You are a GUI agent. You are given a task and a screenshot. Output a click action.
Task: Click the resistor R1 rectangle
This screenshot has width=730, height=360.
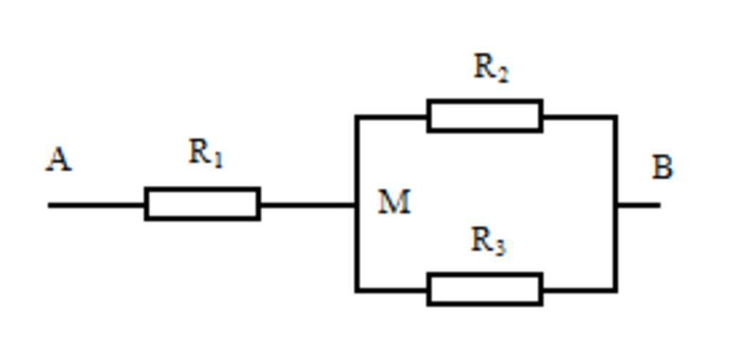[x=202, y=204]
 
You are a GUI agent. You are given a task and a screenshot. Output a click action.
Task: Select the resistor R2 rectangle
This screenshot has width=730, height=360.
[x=485, y=116]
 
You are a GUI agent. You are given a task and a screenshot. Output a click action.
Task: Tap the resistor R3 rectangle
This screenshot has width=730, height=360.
[x=485, y=289]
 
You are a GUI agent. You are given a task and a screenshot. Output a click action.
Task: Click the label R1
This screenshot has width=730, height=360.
[x=205, y=153]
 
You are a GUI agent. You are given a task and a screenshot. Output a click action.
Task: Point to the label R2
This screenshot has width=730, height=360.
[x=490, y=68]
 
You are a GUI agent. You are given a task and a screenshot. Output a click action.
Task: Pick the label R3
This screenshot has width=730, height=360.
[x=488, y=241]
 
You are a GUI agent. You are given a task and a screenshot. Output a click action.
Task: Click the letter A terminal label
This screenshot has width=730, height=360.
[x=58, y=159]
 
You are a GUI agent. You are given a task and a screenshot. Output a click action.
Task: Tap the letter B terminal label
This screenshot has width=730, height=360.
[x=662, y=168]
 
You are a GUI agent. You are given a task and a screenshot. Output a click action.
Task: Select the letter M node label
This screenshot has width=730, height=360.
[x=394, y=202]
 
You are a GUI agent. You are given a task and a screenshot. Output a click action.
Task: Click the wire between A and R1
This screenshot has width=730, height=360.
[x=96, y=205]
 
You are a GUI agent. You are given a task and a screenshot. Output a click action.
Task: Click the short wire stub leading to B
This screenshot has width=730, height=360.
[x=639, y=205]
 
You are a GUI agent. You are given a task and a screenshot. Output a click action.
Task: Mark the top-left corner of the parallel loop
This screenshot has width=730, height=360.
[x=357, y=116]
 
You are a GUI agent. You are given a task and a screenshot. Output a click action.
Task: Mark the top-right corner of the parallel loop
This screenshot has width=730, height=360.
[x=615, y=116]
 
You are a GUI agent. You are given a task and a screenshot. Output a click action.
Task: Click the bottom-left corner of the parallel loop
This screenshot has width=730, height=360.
[x=357, y=289]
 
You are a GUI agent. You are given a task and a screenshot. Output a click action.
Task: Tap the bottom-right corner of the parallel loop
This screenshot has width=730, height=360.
[x=615, y=289]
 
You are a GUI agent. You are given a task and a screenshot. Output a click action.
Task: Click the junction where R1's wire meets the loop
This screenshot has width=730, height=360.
[x=357, y=205]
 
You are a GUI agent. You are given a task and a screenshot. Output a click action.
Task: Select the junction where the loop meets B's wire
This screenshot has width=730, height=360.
[x=615, y=205]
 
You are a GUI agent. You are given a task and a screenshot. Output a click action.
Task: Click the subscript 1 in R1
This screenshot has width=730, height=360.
[x=217, y=160]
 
